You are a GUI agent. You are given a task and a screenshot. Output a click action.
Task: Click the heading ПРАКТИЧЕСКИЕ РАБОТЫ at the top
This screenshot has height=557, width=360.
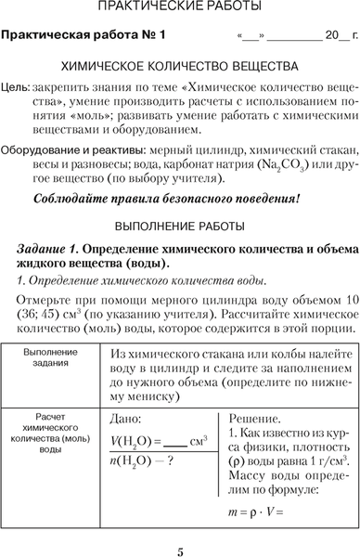pyautogui.click(x=179, y=10)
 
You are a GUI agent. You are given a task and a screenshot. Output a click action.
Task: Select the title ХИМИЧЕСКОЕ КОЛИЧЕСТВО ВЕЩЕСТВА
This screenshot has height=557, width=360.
pyautogui.click(x=179, y=68)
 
